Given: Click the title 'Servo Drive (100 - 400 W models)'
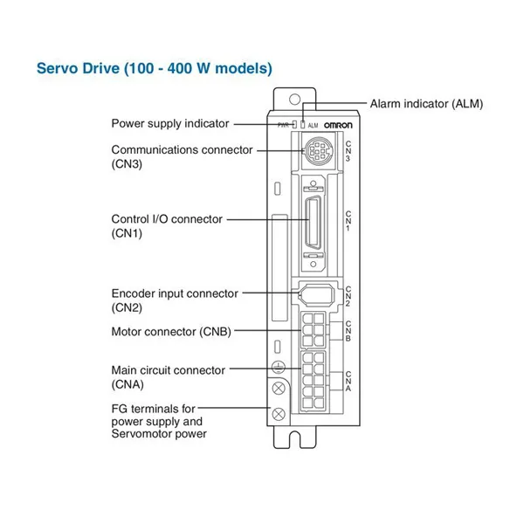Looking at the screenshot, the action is click(x=155, y=68).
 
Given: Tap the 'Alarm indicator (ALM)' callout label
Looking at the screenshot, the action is click(x=426, y=104).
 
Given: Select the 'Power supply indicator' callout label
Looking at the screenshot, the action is click(x=170, y=124).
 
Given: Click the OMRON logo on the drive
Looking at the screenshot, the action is click(x=338, y=125).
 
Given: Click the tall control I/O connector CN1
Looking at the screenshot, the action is click(x=314, y=222).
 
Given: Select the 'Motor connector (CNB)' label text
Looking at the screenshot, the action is click(x=171, y=332).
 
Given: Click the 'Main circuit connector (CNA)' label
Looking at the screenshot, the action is click(x=168, y=377).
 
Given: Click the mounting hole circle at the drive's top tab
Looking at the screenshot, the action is click(x=294, y=100).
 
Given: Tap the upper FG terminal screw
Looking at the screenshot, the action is click(x=279, y=389).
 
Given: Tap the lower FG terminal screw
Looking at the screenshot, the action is click(x=279, y=414).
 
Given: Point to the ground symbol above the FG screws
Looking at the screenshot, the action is click(x=278, y=368).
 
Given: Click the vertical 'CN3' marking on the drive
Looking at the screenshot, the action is click(x=348, y=151).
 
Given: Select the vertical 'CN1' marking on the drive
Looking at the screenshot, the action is click(x=348, y=221).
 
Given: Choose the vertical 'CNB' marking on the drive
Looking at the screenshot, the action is click(x=348, y=331).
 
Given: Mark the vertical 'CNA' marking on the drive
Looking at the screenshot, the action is click(x=348, y=382).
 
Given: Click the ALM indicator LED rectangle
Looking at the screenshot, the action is click(x=303, y=125).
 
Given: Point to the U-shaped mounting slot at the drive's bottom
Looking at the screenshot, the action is click(x=295, y=440).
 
